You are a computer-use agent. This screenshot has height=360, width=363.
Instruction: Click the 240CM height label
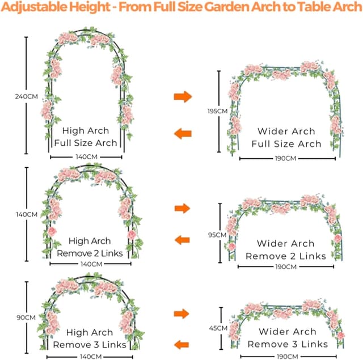click(26, 96)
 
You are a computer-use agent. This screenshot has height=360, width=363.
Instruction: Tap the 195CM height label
click(218, 112)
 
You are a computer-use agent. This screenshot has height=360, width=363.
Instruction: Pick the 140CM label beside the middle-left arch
click(26, 215)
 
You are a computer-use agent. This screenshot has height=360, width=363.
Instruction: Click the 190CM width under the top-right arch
click(285, 158)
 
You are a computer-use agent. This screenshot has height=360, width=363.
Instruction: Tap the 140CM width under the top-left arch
click(86, 156)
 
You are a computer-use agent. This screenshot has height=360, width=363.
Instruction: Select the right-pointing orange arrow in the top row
click(182, 96)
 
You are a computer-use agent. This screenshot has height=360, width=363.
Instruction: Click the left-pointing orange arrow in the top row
click(183, 134)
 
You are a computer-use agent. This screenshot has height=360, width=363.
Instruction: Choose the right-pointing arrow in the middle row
click(182, 209)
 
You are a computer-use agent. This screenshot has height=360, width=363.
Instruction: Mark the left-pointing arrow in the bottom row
click(182, 344)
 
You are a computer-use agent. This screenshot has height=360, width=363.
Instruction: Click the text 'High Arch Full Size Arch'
click(86, 137)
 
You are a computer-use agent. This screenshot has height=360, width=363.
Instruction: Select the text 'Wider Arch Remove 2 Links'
click(285, 250)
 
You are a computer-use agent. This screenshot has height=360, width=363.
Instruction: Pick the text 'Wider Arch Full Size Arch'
click(285, 138)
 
